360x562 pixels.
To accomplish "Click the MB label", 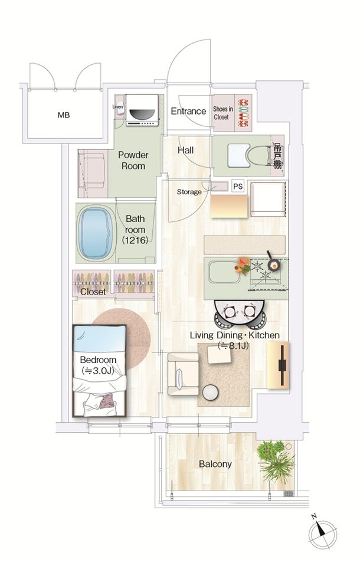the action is [x=63, y=116].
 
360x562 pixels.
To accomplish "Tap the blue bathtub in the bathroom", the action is [x=95, y=233].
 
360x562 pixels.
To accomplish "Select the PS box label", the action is [x=238, y=187].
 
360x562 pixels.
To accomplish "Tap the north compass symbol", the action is [x=322, y=535].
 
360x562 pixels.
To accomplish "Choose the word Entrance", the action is [x=188, y=111].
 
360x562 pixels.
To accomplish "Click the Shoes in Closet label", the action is [x=223, y=113].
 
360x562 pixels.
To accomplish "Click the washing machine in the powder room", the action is [x=142, y=110].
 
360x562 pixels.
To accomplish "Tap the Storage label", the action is [x=189, y=192].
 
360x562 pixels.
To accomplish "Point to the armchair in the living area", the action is [x=183, y=374].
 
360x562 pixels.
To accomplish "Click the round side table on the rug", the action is [x=210, y=393].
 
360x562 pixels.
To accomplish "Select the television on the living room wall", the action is [x=282, y=365].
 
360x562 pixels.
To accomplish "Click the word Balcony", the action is [x=215, y=464].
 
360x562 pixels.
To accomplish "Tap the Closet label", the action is [x=93, y=292].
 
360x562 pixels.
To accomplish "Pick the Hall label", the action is [x=185, y=150].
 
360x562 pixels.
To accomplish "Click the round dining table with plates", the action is [x=240, y=311].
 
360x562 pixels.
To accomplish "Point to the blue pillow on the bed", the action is [x=100, y=339].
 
